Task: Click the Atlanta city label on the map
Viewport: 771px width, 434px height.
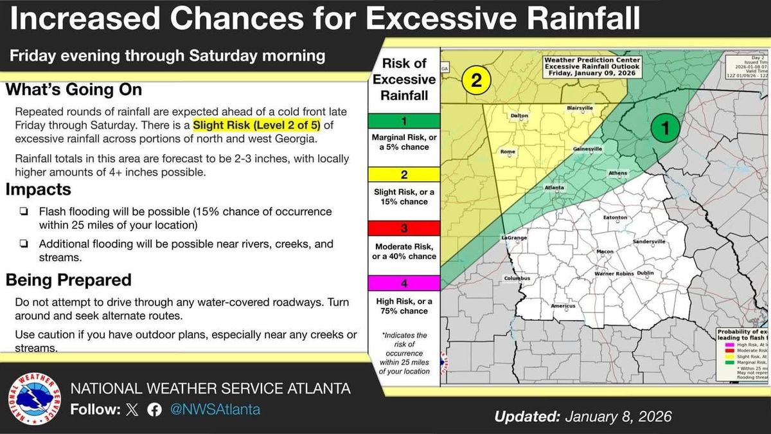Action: [554, 188]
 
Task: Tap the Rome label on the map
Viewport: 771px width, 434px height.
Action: [508, 152]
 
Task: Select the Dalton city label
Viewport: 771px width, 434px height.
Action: [518, 116]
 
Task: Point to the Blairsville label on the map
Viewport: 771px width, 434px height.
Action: [580, 109]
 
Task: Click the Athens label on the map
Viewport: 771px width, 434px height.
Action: [617, 173]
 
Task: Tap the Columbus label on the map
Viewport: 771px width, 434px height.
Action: [517, 278]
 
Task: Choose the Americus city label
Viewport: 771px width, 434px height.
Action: [563, 306]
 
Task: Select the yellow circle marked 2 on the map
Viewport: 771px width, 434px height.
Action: [476, 80]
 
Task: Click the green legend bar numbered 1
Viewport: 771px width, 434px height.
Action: [404, 120]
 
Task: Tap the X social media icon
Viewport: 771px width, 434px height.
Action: [132, 410]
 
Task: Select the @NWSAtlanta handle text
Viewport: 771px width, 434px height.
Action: [215, 410]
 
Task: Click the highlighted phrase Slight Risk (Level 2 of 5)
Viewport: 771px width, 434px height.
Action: [257, 124]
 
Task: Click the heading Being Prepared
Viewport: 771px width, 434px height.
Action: [69, 280]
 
